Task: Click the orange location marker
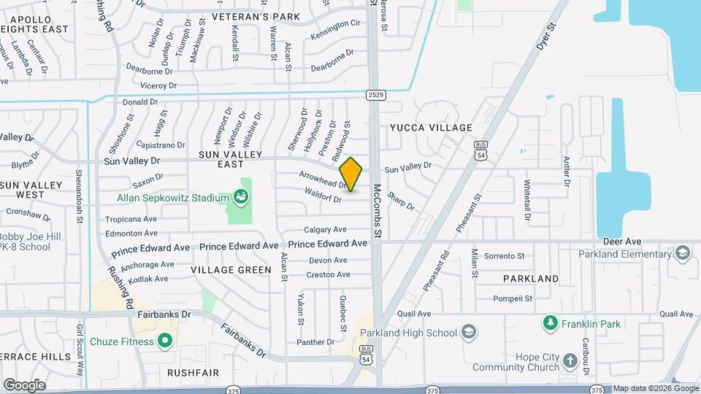click(x=351, y=174)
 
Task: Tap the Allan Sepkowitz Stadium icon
click(x=240, y=197)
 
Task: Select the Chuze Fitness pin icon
click(x=166, y=341)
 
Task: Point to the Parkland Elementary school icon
click(x=683, y=253)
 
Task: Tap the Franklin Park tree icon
click(x=549, y=322)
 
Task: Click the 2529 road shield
click(x=376, y=95)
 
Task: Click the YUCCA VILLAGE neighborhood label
click(x=431, y=128)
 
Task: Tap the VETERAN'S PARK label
click(x=246, y=16)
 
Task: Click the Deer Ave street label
click(x=622, y=241)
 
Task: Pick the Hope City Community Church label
click(x=520, y=360)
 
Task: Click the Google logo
click(x=24, y=385)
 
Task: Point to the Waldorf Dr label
click(x=323, y=195)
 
